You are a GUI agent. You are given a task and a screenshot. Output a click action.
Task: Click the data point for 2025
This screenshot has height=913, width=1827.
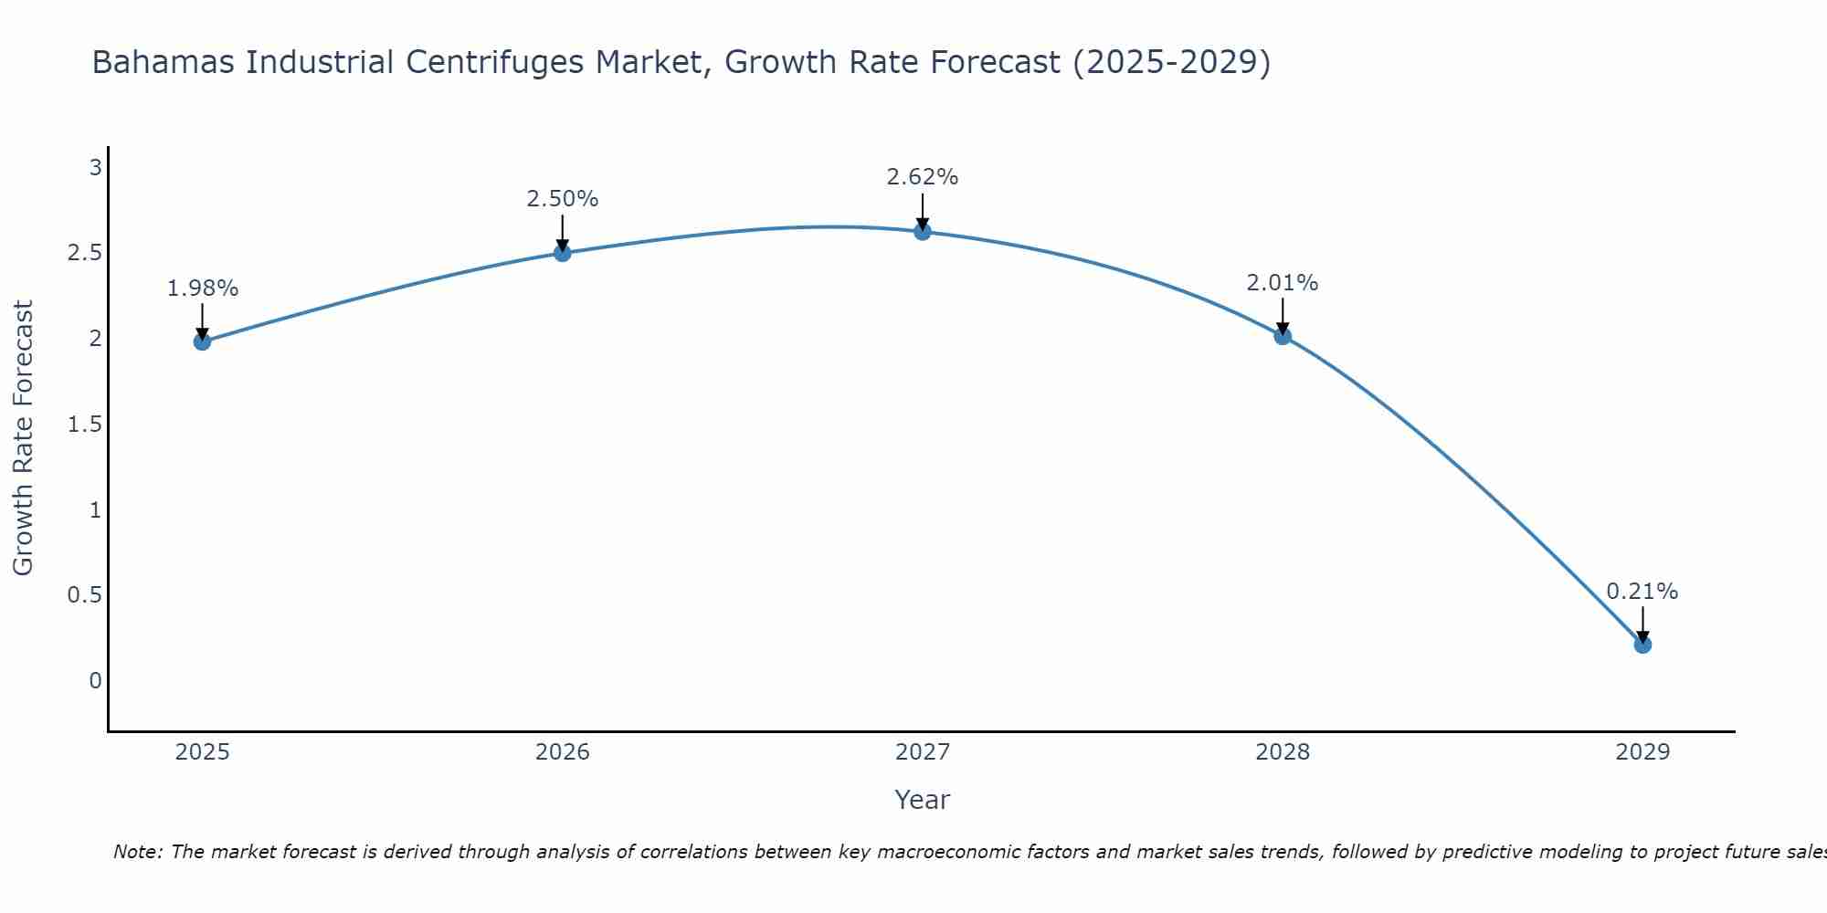click(x=202, y=341)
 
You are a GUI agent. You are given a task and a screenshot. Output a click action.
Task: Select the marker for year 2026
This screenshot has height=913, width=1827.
click(x=563, y=253)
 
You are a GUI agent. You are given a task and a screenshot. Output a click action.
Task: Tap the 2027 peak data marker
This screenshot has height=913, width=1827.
click(x=923, y=232)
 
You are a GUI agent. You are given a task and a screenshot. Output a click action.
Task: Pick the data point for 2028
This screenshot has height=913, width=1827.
click(x=1283, y=336)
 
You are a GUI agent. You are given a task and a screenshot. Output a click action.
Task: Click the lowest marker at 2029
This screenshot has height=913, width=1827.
click(x=1642, y=645)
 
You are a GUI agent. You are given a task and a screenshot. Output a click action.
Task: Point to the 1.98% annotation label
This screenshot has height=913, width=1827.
click(x=202, y=289)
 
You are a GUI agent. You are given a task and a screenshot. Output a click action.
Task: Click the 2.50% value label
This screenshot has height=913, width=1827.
click(x=563, y=199)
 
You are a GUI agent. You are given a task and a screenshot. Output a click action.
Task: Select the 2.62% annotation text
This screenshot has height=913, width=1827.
click(x=923, y=177)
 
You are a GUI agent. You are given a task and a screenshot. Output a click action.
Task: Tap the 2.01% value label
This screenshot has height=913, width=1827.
click(x=1283, y=283)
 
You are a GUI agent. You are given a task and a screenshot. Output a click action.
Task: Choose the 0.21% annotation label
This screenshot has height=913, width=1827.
click(x=1642, y=592)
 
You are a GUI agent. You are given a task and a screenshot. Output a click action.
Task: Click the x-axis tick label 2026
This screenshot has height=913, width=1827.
click(x=563, y=752)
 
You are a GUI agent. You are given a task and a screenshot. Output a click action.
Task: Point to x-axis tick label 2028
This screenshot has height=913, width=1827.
click(x=1283, y=752)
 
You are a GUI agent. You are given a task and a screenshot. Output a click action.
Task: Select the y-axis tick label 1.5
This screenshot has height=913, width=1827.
click(x=84, y=425)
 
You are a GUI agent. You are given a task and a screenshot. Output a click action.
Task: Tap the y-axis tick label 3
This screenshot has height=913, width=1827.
click(x=95, y=168)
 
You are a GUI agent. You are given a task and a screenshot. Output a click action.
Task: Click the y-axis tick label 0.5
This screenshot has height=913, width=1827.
click(x=84, y=595)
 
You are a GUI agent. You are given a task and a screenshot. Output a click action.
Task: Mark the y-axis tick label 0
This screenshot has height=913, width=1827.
click(x=95, y=681)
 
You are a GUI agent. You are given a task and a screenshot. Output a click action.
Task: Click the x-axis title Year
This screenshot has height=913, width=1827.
click(x=923, y=800)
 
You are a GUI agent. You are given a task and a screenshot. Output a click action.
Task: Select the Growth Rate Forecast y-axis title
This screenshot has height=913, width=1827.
click(x=23, y=437)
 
